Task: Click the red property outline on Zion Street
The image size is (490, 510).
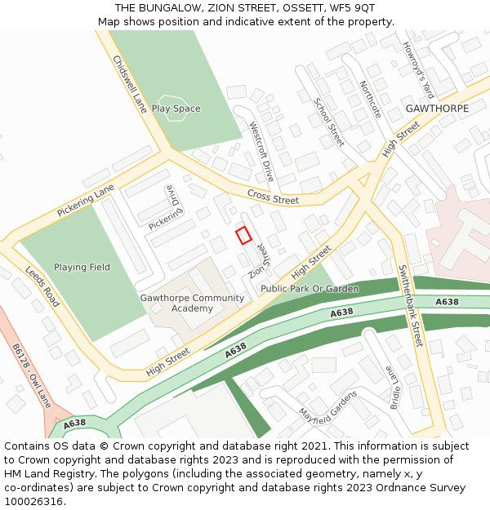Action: click(243, 235)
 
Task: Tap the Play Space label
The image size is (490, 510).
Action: click(176, 109)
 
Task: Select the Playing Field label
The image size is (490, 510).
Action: click(82, 267)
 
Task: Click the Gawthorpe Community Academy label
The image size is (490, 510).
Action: click(192, 303)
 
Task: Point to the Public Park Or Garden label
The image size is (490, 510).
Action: click(310, 289)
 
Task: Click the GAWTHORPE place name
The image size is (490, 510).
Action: click(437, 109)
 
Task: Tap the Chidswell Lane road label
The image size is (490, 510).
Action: click(129, 84)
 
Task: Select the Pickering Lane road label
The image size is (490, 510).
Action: click(86, 202)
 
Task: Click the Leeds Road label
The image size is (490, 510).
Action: click(42, 286)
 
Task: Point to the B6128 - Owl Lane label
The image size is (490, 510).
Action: click(28, 375)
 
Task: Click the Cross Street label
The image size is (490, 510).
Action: click(273, 199)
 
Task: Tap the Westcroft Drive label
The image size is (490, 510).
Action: click(261, 152)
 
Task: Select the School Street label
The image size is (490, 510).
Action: click(329, 122)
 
